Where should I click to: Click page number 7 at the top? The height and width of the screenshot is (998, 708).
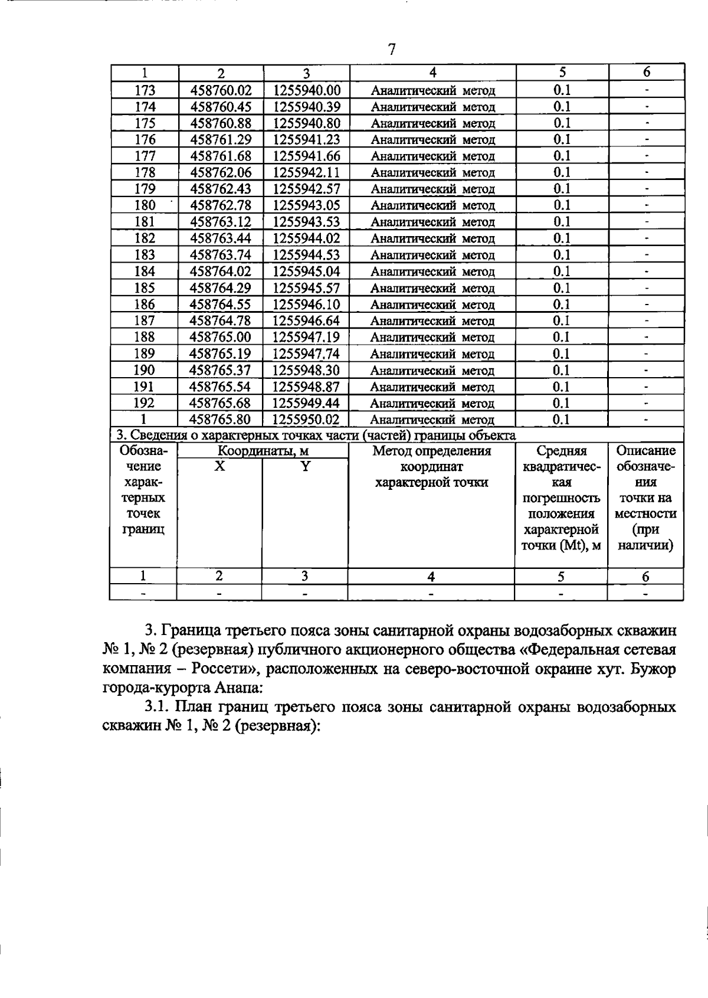392,50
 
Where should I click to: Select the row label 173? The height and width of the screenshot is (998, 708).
145,90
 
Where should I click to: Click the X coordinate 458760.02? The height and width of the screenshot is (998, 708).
221,90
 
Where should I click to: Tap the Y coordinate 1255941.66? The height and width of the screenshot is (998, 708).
307,156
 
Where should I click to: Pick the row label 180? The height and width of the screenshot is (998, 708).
145,205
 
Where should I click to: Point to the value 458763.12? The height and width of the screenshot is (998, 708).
221,222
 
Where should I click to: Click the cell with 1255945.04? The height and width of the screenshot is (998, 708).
307,271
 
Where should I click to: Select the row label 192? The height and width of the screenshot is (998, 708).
145,403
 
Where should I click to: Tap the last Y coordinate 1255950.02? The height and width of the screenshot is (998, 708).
307,420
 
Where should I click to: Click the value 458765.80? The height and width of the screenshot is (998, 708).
221,420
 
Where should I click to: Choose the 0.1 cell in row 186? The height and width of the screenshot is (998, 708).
562,305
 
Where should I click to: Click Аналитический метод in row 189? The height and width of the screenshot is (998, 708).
432,354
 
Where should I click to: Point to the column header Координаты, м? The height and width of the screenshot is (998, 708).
263,451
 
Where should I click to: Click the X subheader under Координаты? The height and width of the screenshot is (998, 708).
219,466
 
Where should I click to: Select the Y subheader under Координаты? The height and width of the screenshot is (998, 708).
305,466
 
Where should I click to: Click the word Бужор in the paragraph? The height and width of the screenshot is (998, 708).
655,670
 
